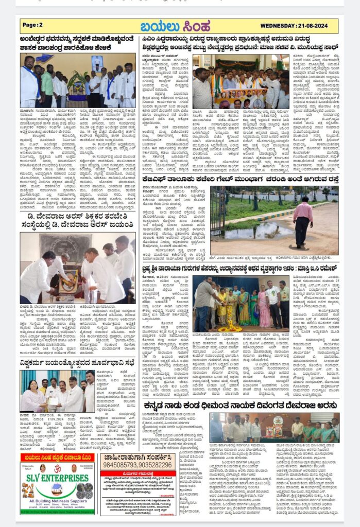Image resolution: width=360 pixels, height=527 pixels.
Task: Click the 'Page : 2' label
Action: coord(33,25)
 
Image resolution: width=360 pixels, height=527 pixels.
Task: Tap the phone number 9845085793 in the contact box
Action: coord(115,464)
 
